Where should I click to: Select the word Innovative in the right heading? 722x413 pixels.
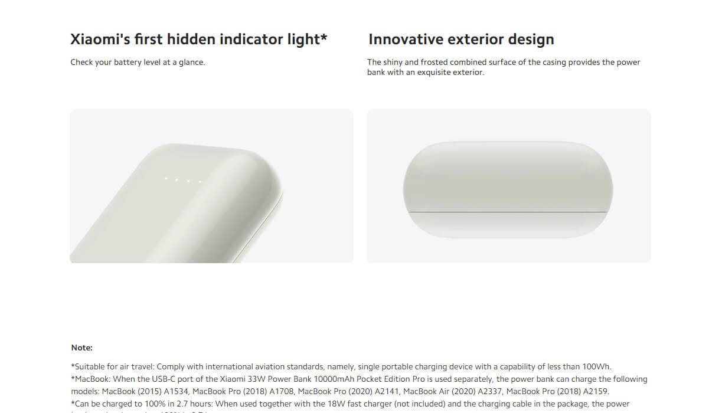point(406,40)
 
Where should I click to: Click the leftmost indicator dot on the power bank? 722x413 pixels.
point(166,178)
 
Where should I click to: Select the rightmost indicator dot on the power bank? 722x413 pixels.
point(200,182)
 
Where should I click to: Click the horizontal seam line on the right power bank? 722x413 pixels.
point(508,211)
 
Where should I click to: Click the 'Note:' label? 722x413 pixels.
point(82,348)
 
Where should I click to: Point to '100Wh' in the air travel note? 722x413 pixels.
point(597,366)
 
